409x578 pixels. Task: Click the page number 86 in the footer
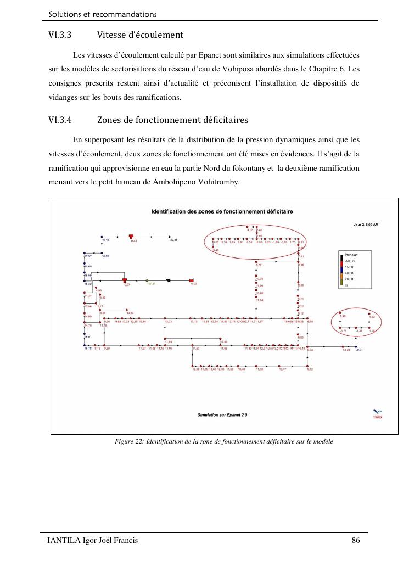355,541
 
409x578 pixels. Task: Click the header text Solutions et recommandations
103,14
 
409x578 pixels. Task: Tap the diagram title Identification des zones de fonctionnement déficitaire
222,211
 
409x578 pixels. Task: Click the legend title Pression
351,255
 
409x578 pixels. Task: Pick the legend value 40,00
349,273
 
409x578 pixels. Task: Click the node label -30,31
173,240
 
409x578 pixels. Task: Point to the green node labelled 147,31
147,280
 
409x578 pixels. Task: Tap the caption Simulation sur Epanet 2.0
222,415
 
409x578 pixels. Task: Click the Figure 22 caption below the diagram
223,441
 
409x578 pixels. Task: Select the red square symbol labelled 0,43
132,236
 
